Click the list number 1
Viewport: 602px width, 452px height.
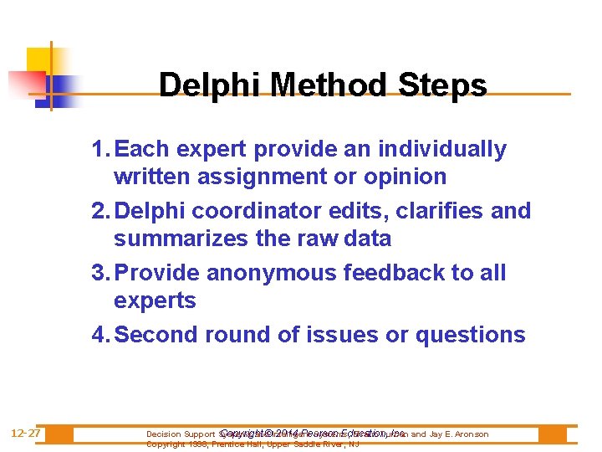100,150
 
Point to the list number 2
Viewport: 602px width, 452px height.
100,211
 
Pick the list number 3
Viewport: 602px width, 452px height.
100,273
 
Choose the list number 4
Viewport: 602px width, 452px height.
100,335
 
